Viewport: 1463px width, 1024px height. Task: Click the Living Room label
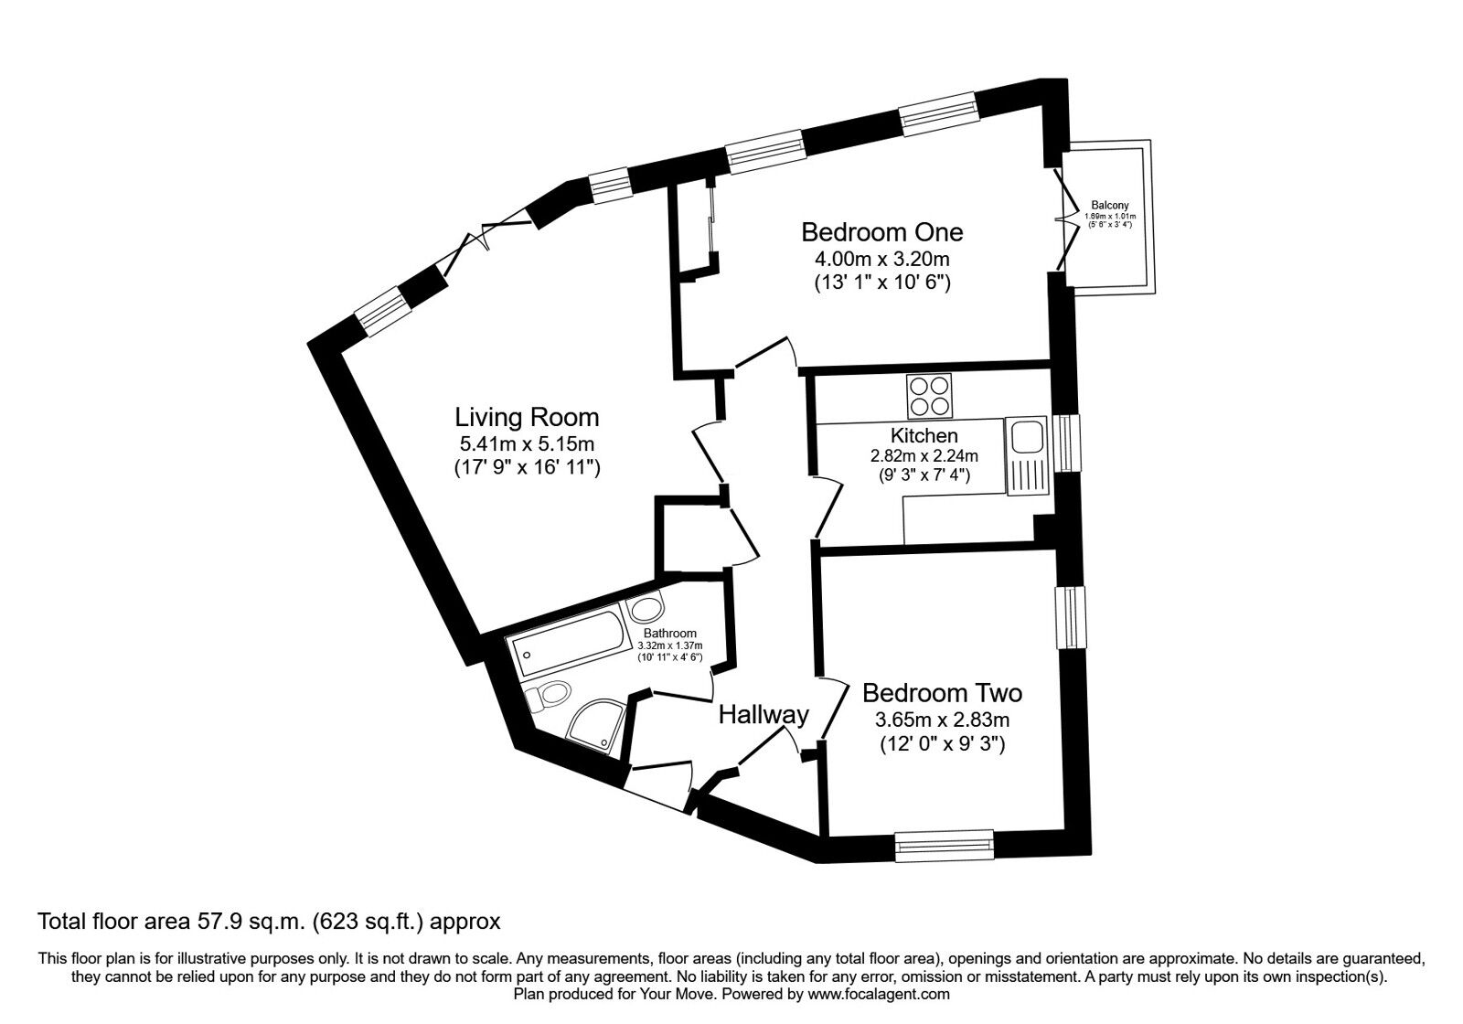click(527, 418)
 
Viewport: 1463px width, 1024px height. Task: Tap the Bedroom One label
click(881, 231)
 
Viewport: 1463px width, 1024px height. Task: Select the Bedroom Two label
click(942, 692)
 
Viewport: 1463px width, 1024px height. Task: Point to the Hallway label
click(764, 714)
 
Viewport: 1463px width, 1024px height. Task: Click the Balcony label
click(1109, 206)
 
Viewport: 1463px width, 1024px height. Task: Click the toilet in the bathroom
click(549, 697)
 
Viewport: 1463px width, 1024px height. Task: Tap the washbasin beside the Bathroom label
click(647, 610)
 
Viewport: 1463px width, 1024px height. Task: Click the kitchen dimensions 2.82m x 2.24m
click(924, 456)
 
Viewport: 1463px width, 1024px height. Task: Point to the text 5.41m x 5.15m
click(527, 444)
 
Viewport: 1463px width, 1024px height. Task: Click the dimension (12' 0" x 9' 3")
click(942, 744)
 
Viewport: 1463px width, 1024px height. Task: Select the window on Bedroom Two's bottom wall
click(944, 846)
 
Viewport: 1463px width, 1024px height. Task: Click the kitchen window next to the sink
click(1066, 443)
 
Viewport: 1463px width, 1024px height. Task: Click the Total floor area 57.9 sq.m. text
click(268, 919)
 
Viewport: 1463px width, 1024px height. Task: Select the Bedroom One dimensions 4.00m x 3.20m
click(881, 259)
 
